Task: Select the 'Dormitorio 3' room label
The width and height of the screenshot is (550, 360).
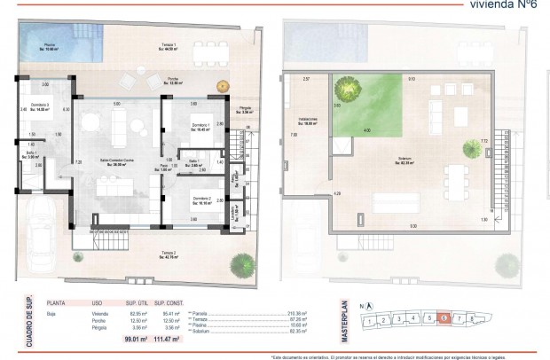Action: click(39, 107)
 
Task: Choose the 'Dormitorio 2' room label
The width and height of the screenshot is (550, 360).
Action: click(201, 200)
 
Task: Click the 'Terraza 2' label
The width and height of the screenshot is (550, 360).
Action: click(169, 256)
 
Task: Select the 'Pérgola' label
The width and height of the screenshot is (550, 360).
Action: click(245, 109)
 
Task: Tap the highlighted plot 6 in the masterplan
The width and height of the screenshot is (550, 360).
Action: click(444, 317)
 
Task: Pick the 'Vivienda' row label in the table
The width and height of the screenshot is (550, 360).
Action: click(101, 313)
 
